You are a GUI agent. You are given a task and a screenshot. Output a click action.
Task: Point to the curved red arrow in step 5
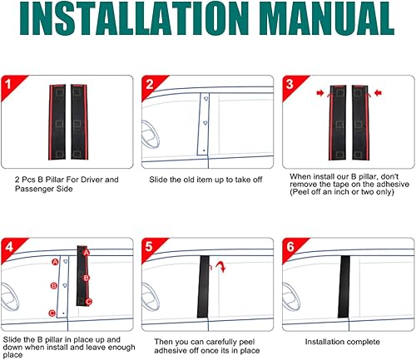(x=220, y=265)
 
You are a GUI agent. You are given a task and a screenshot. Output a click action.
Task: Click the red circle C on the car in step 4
(x=53, y=313)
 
